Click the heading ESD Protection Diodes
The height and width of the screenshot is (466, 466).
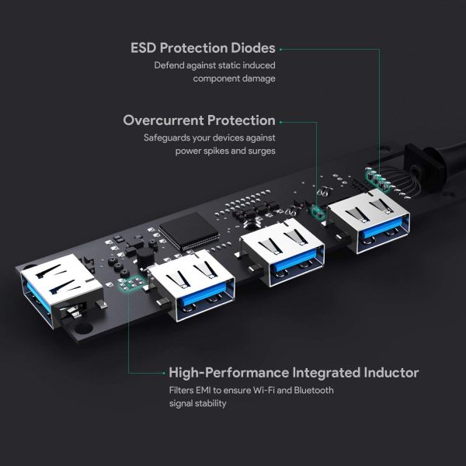point(203,48)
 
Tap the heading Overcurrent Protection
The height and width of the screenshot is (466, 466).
point(200,120)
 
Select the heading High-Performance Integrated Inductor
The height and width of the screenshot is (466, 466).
point(294,372)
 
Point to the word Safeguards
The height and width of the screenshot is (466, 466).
point(166,137)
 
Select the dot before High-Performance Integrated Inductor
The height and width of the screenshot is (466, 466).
point(161,372)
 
